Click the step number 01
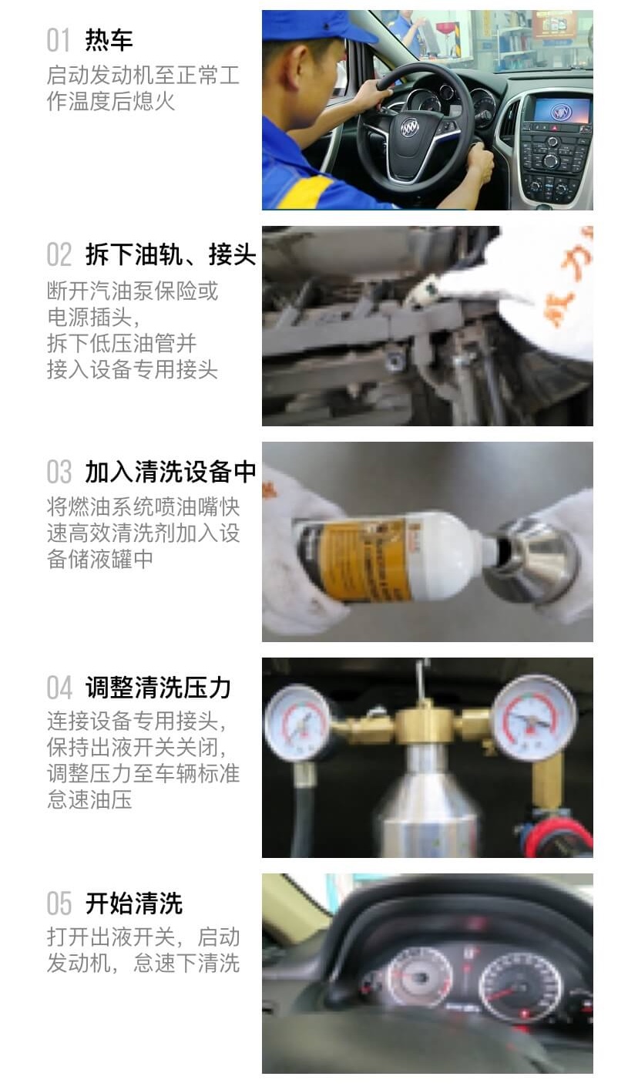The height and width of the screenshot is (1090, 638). [59, 40]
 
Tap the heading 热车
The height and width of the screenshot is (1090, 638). [109, 40]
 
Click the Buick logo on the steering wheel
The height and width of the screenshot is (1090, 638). [409, 127]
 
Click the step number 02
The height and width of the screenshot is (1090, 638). [59, 255]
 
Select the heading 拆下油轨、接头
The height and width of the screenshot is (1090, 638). [170, 255]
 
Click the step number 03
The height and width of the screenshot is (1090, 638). [59, 472]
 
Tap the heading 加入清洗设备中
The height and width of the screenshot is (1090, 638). [170, 472]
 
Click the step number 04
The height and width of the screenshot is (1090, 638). [59, 688]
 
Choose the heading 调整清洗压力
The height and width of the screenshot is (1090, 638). [158, 688]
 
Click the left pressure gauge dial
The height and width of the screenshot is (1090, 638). [297, 722]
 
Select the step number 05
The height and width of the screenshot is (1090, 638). [59, 903]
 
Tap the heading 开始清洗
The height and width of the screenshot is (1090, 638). [133, 903]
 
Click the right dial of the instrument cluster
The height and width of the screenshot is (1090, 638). [520, 987]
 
